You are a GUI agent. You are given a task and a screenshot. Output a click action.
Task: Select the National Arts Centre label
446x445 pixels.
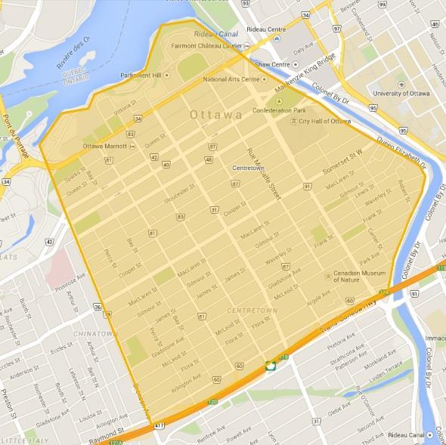point(234,79)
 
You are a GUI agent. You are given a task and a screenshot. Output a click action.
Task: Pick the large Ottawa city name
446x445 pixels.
point(216,115)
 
